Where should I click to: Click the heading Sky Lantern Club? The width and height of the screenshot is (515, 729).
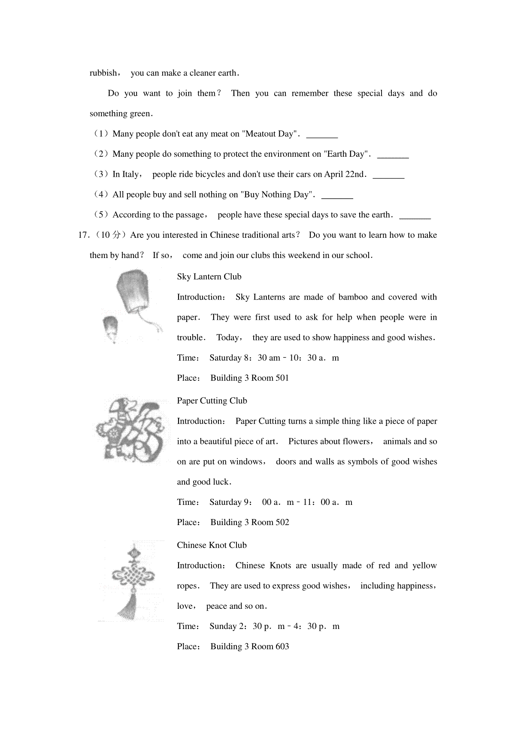[209, 277]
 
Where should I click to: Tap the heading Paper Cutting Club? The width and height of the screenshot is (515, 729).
[212, 401]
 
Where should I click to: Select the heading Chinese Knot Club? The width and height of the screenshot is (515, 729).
[212, 545]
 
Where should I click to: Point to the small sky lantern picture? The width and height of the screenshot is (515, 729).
[110, 328]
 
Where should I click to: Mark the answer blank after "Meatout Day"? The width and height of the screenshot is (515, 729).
[322, 137]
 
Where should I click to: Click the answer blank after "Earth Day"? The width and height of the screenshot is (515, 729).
[393, 157]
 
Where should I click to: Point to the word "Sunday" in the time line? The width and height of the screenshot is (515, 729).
[223, 626]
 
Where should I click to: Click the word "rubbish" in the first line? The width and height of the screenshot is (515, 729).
[103, 73]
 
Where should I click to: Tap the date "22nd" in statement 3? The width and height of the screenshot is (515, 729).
[354, 174]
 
